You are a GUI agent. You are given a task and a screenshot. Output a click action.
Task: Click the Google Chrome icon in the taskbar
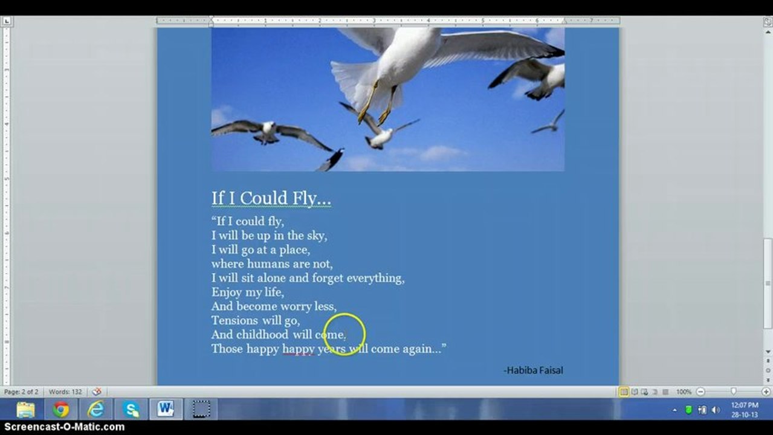60,410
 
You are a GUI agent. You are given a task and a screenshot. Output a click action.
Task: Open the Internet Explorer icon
96,410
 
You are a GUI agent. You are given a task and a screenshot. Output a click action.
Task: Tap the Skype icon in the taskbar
131,410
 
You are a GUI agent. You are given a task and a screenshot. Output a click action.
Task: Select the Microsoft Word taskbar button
166,409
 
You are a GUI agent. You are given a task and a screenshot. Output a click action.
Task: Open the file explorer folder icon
26,410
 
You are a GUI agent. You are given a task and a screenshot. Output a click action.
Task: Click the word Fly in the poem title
305,198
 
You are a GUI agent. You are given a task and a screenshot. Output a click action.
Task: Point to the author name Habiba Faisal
534,370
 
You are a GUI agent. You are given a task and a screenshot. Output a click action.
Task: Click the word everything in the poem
375,278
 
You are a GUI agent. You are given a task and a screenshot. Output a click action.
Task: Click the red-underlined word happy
298,349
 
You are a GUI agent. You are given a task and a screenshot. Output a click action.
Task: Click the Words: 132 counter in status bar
65,392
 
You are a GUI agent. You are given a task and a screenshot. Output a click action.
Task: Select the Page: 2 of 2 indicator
21,392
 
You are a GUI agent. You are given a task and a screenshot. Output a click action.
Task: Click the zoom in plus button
766,392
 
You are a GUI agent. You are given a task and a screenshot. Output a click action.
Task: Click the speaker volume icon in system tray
716,410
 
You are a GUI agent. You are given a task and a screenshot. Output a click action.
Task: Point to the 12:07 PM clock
745,405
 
